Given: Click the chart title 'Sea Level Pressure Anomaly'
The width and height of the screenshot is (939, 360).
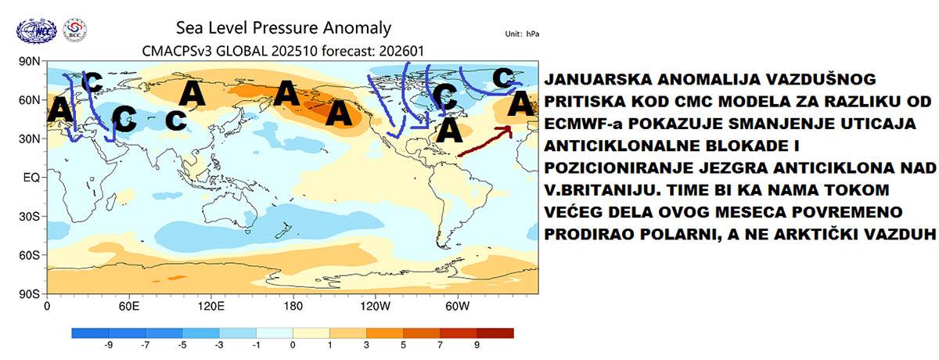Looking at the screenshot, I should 282,29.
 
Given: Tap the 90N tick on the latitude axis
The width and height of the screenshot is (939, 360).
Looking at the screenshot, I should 31,62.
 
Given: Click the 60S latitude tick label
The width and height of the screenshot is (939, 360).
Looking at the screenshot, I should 31,255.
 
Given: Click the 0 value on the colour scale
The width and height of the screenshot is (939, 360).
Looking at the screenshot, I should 292,345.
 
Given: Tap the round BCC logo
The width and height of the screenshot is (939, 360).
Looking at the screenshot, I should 74,31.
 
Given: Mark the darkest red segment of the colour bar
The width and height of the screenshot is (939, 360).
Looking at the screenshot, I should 498,333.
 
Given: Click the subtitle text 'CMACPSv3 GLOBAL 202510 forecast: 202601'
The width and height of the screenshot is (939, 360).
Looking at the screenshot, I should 283,51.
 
